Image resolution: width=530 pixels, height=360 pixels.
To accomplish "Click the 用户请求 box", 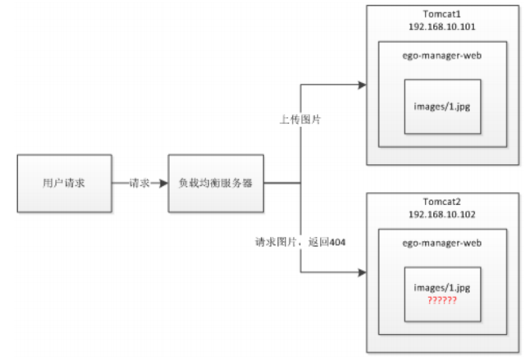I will pyautogui.click(x=63, y=183).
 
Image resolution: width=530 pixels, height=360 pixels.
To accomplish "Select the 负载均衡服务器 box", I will pyautogui.click(x=215, y=183).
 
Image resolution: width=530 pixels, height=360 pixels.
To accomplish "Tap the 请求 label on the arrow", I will pyautogui.click(x=139, y=183).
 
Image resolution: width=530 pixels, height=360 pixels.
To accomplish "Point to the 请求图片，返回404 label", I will pyautogui.click(x=299, y=243).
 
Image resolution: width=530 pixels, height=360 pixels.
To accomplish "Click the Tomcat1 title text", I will pyautogui.click(x=441, y=14).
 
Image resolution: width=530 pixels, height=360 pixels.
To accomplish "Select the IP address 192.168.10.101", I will pyautogui.click(x=441, y=26).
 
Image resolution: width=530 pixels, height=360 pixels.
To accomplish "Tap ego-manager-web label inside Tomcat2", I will pyautogui.click(x=441, y=244).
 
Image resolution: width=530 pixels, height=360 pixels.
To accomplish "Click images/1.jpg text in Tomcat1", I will pyautogui.click(x=441, y=105).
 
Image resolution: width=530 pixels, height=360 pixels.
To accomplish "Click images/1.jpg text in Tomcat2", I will pyautogui.click(x=441, y=289).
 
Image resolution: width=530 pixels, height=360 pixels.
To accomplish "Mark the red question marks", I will pyautogui.click(x=441, y=301).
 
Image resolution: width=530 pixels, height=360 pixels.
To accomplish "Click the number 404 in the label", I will pyautogui.click(x=338, y=243).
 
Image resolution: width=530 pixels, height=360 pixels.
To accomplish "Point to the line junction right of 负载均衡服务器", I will pyautogui.click(x=301, y=183).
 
